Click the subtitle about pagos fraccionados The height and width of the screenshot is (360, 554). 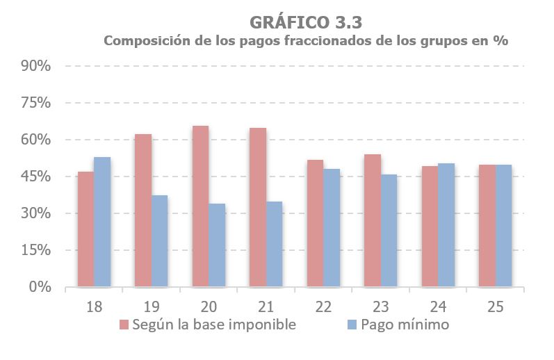[307, 41]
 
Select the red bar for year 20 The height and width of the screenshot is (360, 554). [200, 206]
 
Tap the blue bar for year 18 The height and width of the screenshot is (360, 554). [102, 222]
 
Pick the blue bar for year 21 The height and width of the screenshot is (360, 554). [275, 244]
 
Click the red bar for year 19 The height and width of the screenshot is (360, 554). [142, 211]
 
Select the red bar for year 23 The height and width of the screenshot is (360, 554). [373, 220]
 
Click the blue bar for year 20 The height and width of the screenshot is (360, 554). [217, 245]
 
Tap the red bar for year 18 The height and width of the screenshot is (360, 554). [85, 229]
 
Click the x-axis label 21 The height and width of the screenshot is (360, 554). [266, 305]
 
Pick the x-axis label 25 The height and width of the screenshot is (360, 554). [495, 305]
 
